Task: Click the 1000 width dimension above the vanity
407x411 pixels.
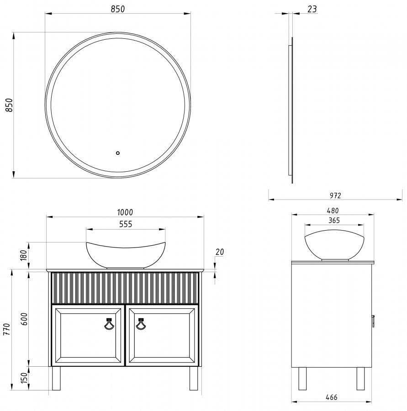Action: (x=125, y=212)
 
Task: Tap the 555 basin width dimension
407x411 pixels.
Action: (x=126, y=224)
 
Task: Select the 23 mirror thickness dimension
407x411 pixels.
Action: (x=312, y=9)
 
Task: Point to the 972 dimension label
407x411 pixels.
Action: (x=335, y=195)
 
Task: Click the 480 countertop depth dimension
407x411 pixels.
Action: (x=333, y=211)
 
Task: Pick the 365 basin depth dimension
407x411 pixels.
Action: (x=334, y=221)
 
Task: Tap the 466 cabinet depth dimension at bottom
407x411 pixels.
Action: (x=332, y=397)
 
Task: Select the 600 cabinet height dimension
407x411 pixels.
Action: (x=24, y=319)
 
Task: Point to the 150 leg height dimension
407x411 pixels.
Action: (x=24, y=378)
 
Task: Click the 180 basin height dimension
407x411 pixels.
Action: (x=24, y=256)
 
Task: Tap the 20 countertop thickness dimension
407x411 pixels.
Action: (x=220, y=252)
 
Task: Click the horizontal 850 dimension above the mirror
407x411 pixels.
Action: (x=118, y=9)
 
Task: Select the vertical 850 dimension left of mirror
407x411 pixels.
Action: (x=9, y=105)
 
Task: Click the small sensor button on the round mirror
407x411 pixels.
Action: (x=118, y=153)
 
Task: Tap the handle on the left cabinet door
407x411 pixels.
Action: (x=109, y=323)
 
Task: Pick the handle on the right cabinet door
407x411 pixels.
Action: (x=141, y=323)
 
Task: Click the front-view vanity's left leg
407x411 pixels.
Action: (x=56, y=378)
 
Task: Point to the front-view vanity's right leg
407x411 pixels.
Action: (x=194, y=378)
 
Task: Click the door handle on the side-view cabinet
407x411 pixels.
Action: (x=373, y=321)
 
